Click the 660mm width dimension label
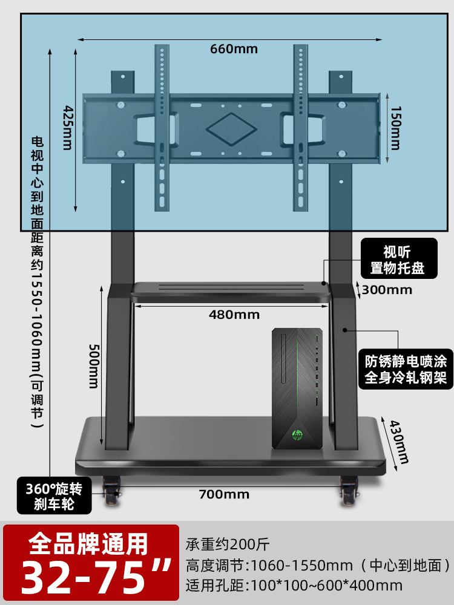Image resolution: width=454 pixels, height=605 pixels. pyautogui.click(x=234, y=49)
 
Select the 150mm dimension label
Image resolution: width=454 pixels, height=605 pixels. pyautogui.click(x=394, y=129)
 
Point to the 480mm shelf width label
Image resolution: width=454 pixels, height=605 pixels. pyautogui.click(x=234, y=315)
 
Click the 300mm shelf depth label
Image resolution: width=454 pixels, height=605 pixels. pyautogui.click(x=386, y=290)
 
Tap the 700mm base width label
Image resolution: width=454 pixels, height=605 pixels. pyautogui.click(x=224, y=494)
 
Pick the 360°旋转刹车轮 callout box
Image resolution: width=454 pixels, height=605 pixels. pyautogui.click(x=54, y=495)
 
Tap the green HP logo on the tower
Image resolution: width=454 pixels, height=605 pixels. pyautogui.click(x=297, y=434)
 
